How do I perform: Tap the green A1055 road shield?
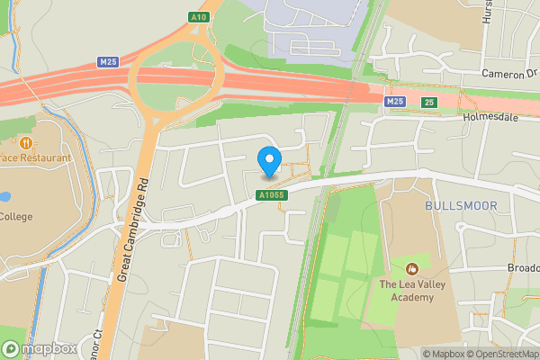270,194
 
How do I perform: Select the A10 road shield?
199,17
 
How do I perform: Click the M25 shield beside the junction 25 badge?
393,103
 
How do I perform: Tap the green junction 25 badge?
429,103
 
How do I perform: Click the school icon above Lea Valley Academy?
413,268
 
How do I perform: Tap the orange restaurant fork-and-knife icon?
26,142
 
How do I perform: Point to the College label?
16,216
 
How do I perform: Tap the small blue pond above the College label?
4,195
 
